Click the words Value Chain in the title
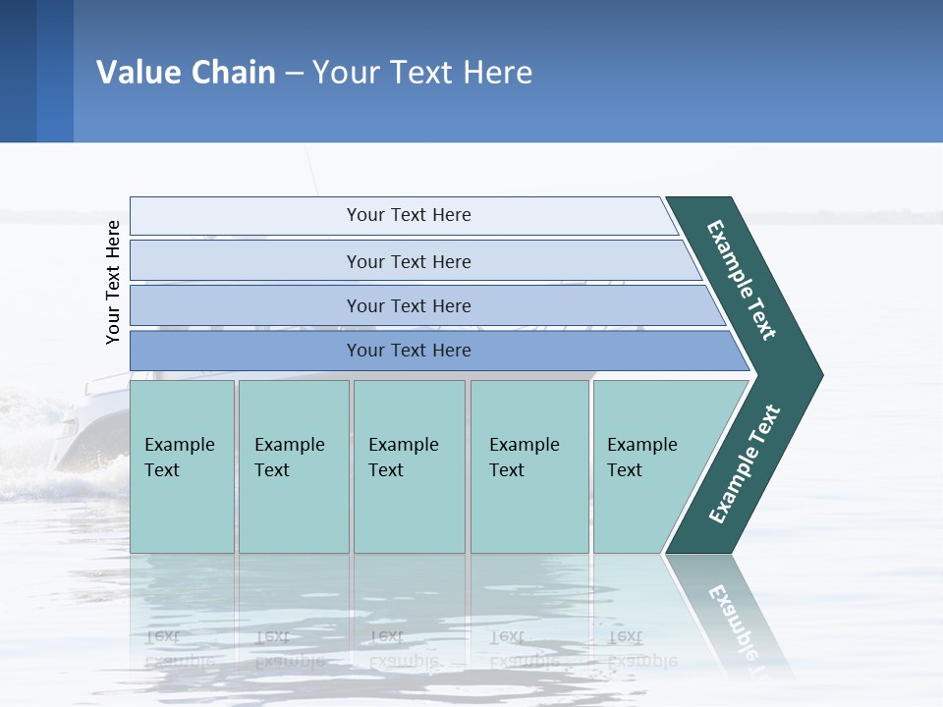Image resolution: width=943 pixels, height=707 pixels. pos(186,73)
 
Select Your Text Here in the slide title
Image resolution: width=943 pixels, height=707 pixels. pos(422,73)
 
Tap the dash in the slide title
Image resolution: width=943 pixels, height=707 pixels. pos(294,74)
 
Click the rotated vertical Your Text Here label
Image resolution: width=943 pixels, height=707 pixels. pos(113,282)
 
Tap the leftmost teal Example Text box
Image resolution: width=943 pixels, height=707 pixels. pos(182,466)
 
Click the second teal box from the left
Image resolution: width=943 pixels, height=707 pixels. pos(294,466)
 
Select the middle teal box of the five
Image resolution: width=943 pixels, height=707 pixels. pos(409,466)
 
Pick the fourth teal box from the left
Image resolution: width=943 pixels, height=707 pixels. pos(529,466)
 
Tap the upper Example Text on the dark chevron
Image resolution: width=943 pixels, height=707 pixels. pos(742,280)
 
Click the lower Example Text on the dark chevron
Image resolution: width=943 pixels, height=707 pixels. pos(745,464)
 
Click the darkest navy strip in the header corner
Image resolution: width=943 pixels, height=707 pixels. pos(18,71)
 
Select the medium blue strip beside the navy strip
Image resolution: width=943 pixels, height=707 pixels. pos(55,71)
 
